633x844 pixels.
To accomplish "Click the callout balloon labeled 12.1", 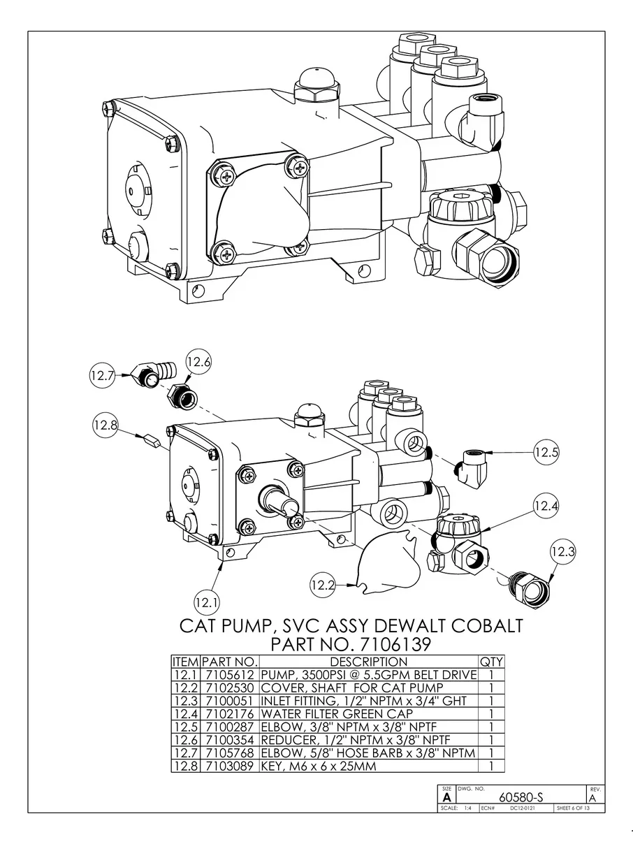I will pyautogui.click(x=208, y=601).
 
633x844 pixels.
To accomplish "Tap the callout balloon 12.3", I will pyautogui.click(x=562, y=552).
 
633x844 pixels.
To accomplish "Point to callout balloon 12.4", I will pyautogui.click(x=546, y=504).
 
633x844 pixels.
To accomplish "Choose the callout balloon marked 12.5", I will pyautogui.click(x=547, y=452).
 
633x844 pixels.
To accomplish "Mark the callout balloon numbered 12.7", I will pyautogui.click(x=102, y=375).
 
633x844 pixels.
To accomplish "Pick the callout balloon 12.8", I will pyautogui.click(x=105, y=425).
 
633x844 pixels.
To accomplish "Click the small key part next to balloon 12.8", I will pyautogui.click(x=151, y=441).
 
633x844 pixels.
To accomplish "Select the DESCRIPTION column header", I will pyautogui.click(x=368, y=662).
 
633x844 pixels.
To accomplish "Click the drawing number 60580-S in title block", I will pyautogui.click(x=519, y=797).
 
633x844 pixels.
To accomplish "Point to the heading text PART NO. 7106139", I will pyautogui.click(x=350, y=643).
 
